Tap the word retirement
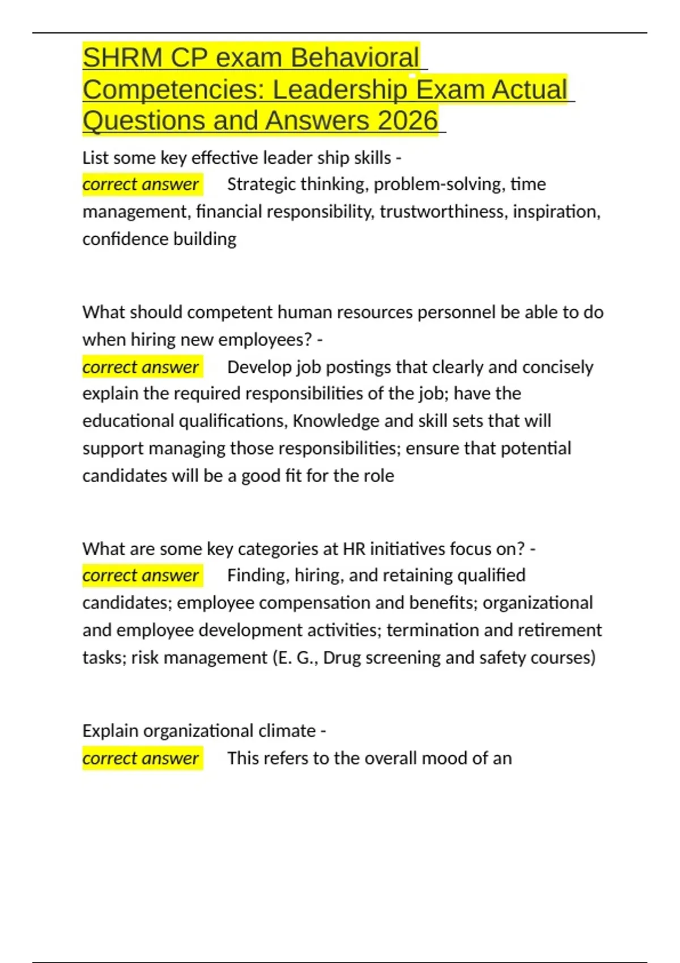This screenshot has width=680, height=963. (560, 630)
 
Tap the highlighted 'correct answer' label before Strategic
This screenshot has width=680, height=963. (141, 184)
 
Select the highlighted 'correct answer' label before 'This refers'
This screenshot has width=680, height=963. (141, 759)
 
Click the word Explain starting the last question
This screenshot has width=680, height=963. (110, 731)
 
